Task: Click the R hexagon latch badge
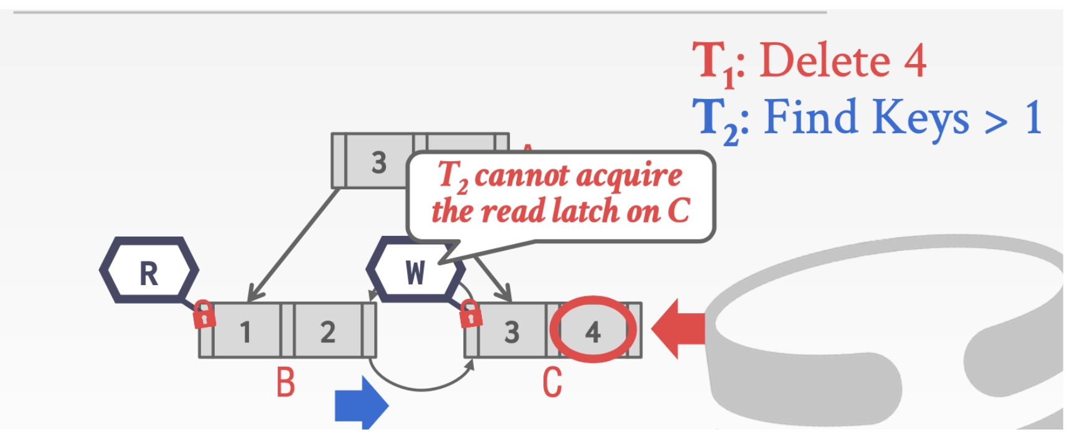click(x=149, y=271)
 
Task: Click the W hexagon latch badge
click(x=415, y=271)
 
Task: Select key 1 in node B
click(x=246, y=331)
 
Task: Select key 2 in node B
click(x=327, y=331)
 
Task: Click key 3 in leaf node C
click(x=512, y=332)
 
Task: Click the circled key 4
click(x=593, y=331)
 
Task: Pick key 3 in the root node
click(x=379, y=162)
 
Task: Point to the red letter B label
click(x=285, y=382)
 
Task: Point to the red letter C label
click(x=552, y=382)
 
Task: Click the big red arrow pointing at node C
click(x=677, y=327)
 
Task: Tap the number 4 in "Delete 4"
click(x=915, y=61)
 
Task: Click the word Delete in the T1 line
click(x=825, y=61)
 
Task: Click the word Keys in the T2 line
click(x=916, y=118)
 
